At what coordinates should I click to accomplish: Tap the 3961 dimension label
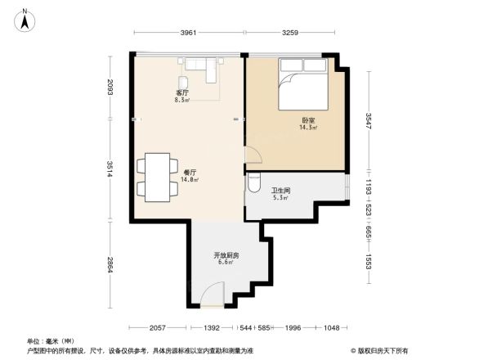click(x=188, y=34)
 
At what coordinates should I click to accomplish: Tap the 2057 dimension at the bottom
click(x=159, y=327)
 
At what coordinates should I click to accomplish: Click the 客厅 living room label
click(x=182, y=93)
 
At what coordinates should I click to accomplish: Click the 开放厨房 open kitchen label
click(x=225, y=255)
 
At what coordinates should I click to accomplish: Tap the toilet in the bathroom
click(x=253, y=182)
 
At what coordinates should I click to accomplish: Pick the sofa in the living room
click(x=201, y=65)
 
